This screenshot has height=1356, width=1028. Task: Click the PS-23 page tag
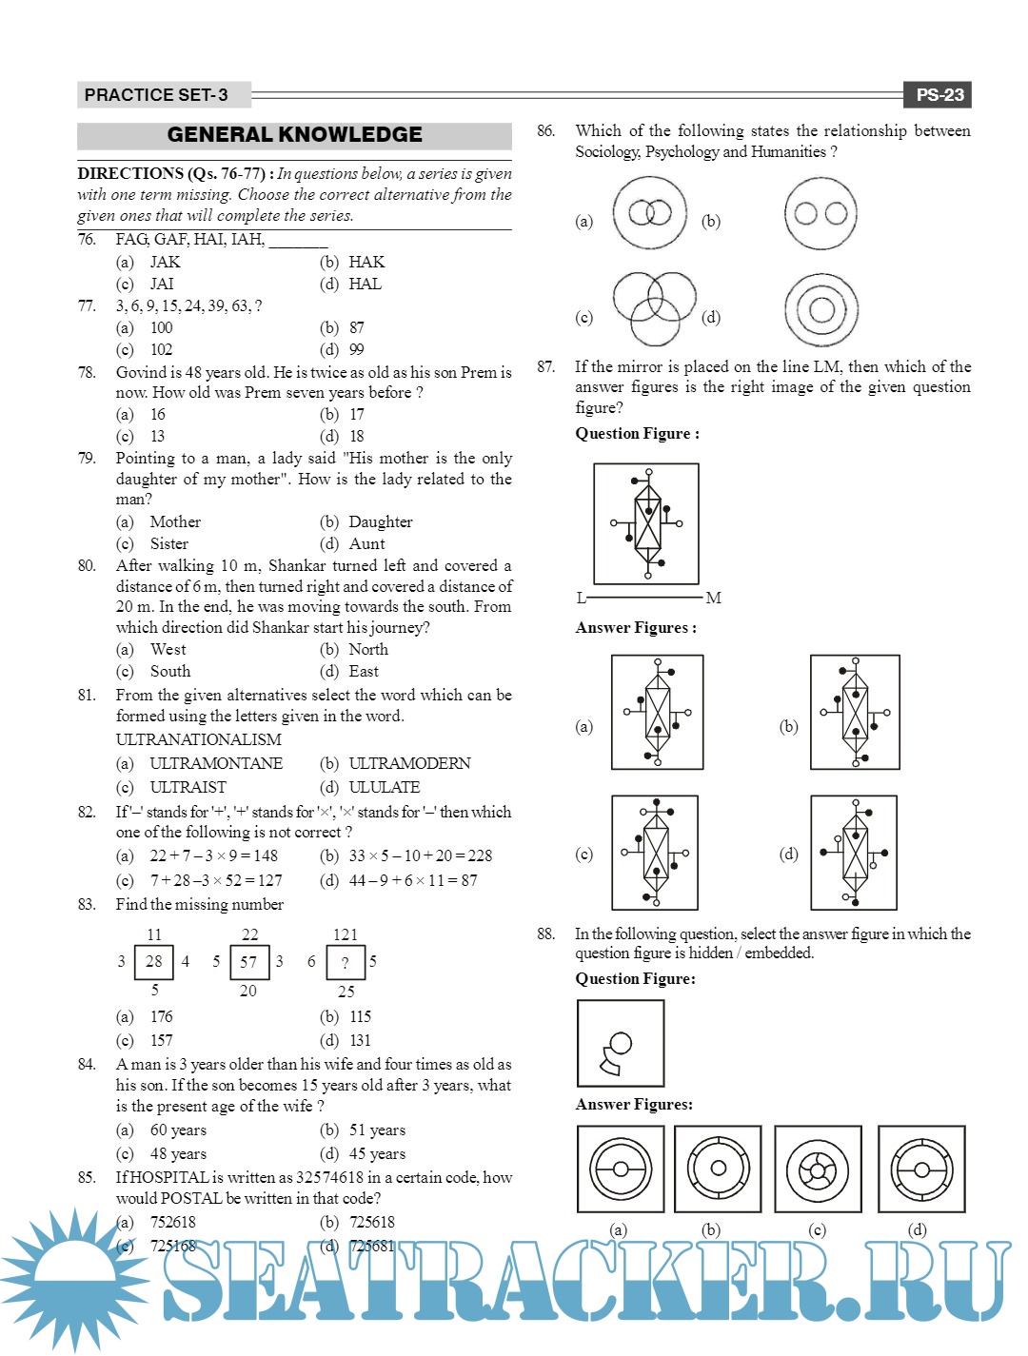939,94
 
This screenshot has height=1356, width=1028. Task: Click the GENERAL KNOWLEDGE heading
294,135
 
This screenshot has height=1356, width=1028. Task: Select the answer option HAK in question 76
366,262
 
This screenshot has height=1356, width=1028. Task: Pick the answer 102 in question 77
161,349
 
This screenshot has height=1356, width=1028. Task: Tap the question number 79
87,459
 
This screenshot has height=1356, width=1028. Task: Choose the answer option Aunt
366,543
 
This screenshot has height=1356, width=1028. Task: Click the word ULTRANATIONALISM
198,739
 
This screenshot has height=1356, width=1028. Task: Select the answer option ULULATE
384,787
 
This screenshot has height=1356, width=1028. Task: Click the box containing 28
153,961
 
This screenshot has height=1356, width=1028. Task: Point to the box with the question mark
345,962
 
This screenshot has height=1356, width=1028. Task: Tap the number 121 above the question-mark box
345,934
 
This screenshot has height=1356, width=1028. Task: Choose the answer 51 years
377,1130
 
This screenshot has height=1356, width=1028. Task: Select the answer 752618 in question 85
172,1222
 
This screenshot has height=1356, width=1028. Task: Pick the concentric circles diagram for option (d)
821,309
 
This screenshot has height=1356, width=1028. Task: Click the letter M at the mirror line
714,598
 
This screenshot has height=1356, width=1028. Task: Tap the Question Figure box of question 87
646,523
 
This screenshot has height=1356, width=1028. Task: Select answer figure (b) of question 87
855,712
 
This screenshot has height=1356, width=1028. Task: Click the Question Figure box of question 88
621,1043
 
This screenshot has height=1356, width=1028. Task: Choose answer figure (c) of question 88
818,1169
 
